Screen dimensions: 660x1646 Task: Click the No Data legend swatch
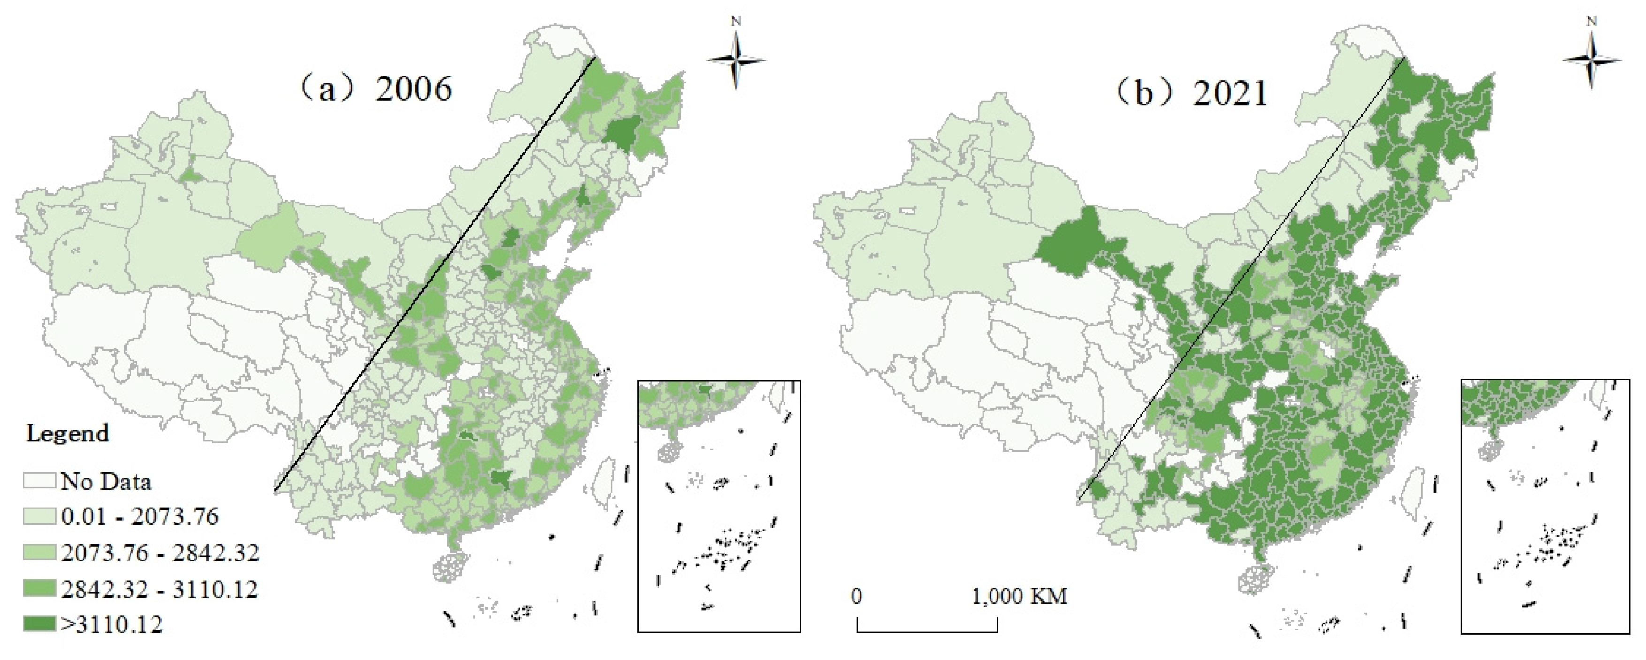(x=39, y=480)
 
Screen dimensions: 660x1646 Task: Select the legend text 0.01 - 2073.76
(x=139, y=516)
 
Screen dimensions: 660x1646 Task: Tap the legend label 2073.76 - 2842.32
(x=160, y=553)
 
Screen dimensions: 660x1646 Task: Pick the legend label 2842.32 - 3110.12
(x=159, y=589)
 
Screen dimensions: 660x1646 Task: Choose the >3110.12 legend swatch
(x=39, y=623)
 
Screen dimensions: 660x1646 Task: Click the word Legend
(x=68, y=434)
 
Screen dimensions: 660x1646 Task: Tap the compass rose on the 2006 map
(x=736, y=61)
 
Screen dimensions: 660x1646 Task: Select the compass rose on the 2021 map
(x=1591, y=61)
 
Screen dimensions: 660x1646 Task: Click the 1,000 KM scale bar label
(x=1019, y=597)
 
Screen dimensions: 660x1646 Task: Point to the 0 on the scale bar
(x=856, y=597)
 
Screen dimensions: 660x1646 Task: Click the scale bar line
(x=927, y=632)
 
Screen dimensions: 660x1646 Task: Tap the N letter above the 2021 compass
(x=1591, y=22)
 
